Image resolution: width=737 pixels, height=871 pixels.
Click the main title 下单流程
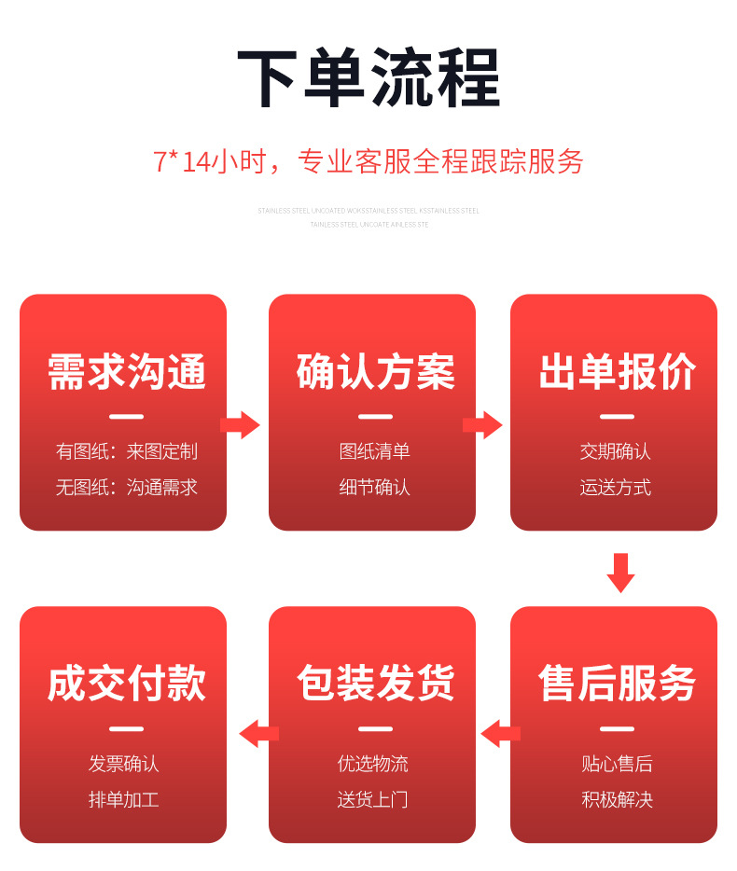[x=368, y=79]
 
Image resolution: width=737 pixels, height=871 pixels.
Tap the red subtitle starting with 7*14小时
[x=368, y=161]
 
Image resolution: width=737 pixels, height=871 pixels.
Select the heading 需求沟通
[x=126, y=372]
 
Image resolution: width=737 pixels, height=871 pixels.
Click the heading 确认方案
[x=375, y=372]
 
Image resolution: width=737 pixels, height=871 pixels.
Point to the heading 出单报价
[x=616, y=372]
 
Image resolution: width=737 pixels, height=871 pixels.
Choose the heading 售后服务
[x=616, y=684]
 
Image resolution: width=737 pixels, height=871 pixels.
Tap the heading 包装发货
[x=375, y=684]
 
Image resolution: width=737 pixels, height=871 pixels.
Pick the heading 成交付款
[x=126, y=684]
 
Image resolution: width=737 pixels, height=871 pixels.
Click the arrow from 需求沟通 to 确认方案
[x=241, y=425]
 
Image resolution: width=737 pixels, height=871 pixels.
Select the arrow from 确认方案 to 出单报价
[x=482, y=425]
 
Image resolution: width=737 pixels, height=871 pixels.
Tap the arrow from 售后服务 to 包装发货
[x=500, y=734]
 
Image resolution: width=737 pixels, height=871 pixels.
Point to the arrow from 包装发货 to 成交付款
[x=258, y=734]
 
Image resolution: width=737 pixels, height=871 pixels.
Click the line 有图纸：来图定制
[x=126, y=452]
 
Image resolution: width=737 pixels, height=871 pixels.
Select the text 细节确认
[x=375, y=488]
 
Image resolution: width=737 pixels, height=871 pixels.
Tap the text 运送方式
[x=616, y=488]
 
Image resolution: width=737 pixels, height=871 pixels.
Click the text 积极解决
[x=616, y=799]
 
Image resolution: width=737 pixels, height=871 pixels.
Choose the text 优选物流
[x=373, y=764]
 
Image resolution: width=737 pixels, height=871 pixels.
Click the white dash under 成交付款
[x=126, y=729]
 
